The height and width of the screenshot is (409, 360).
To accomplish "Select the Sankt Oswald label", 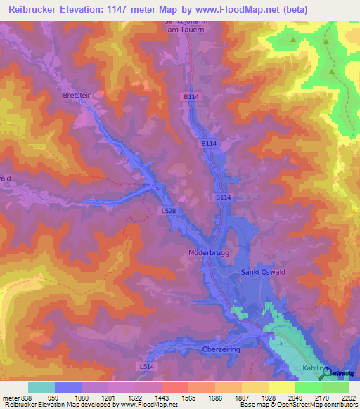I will (x=264, y=272).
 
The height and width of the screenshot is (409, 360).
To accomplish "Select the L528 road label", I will (x=169, y=210).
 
